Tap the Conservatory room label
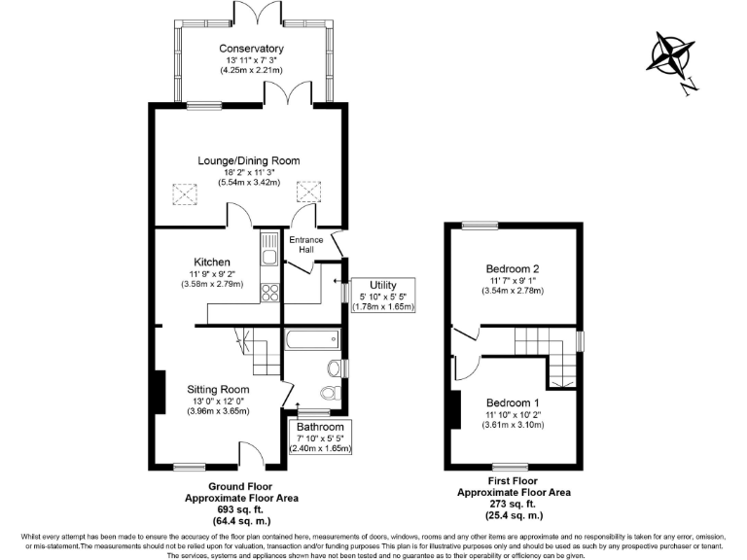click(251, 49)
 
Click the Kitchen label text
click(212, 262)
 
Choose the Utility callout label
click(381, 285)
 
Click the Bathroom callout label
click(321, 427)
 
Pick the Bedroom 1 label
click(513, 402)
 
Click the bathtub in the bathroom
click(311, 340)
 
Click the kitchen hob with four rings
click(269, 293)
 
